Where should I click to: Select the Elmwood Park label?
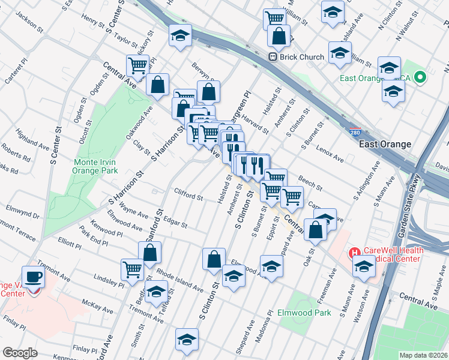pos(304,313)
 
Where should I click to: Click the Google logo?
pos(20,353)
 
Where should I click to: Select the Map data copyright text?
pos(424,355)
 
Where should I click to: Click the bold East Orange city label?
pos(385,145)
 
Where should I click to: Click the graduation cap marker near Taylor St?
pos(179,36)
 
